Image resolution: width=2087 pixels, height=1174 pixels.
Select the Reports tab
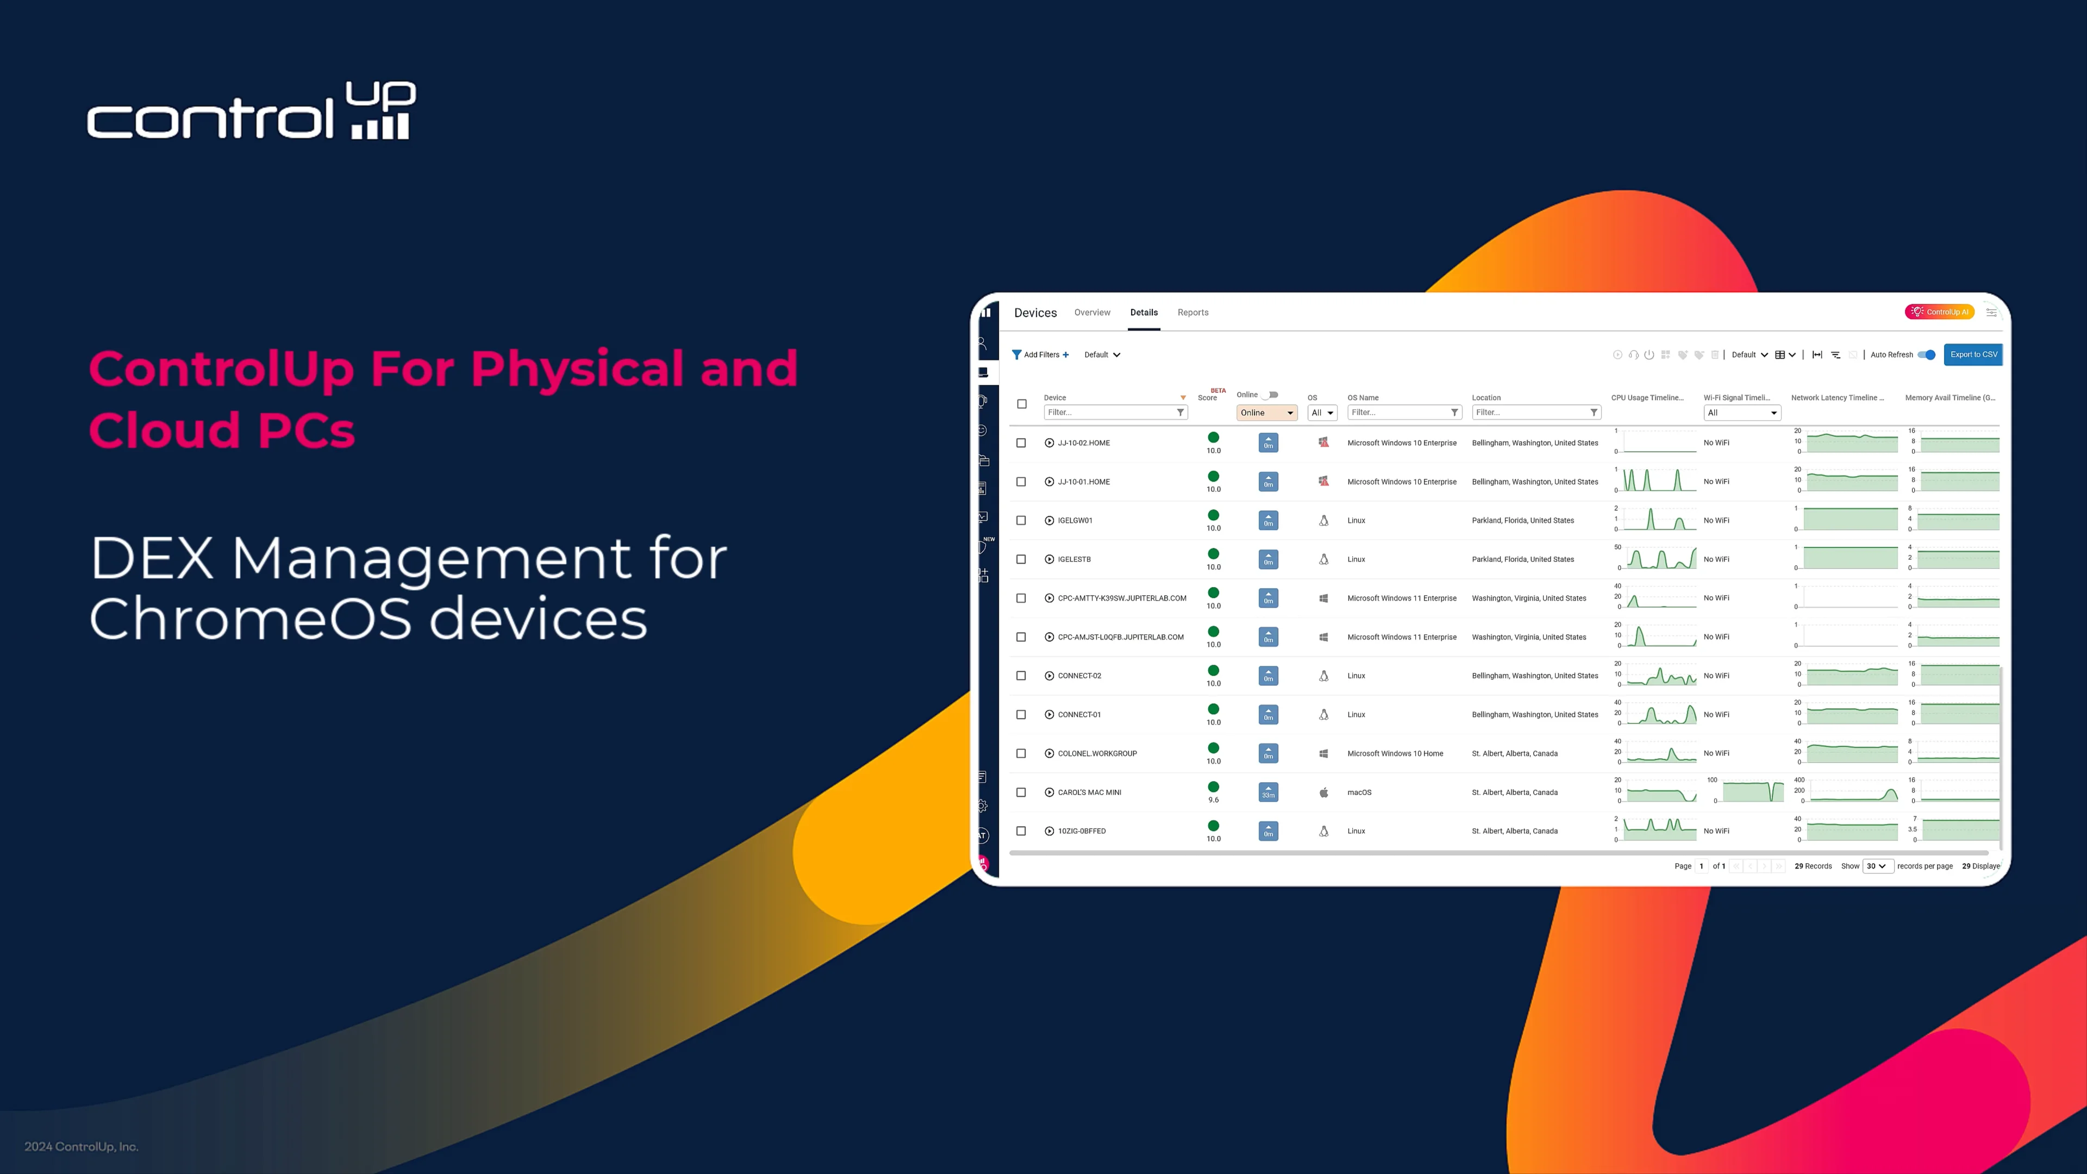coord(1192,313)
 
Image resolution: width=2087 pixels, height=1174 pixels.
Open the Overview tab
coord(1092,313)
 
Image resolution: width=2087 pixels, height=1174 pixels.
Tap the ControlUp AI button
coord(1940,312)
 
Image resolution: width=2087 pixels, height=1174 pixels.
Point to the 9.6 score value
coord(1213,800)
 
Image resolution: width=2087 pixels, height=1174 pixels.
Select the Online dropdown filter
coord(1266,413)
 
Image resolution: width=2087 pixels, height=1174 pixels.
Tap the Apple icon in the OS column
coord(1323,792)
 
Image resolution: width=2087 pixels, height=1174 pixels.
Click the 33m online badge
coord(1268,792)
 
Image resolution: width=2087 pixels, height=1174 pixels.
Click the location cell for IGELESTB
coord(1522,560)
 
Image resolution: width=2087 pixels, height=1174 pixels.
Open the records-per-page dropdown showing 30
coord(1876,866)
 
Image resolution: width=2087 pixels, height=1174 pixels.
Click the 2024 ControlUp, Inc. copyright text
coord(81,1146)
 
